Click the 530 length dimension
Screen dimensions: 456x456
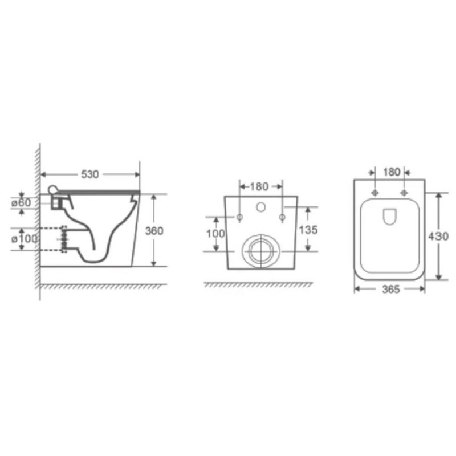90,174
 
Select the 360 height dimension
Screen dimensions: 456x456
154,231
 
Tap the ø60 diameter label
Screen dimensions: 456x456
21,203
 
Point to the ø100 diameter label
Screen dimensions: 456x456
25,239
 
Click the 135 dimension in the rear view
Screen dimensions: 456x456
308,230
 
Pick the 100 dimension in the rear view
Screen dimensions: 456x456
215,234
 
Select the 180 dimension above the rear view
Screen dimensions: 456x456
259,186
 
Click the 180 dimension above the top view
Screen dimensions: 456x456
392,172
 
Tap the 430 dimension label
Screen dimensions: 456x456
438,237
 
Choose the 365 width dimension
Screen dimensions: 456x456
391,289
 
